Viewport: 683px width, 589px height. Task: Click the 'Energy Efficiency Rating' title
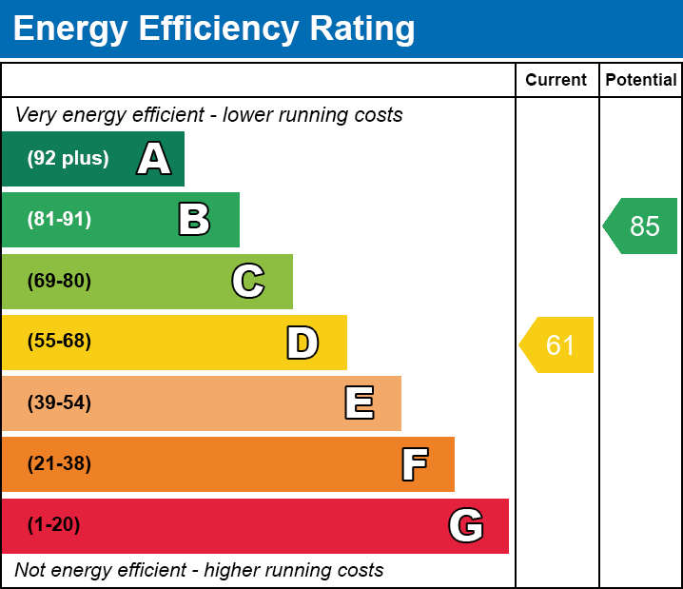(214, 29)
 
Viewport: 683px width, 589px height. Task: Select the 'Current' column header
(556, 80)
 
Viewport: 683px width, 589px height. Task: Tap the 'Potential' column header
(641, 80)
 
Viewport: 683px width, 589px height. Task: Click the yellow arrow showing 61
(557, 344)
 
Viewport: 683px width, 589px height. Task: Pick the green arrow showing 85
(641, 226)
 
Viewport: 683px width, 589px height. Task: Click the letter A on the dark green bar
(154, 159)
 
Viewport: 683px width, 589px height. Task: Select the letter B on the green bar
(194, 220)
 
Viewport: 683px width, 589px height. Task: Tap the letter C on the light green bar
(248, 281)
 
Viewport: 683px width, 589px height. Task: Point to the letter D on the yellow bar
(302, 343)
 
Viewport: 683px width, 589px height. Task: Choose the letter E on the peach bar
(359, 403)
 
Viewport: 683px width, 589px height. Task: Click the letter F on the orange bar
(414, 464)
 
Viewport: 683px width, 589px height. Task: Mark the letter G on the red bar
(466, 525)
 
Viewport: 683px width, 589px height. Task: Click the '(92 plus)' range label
(68, 159)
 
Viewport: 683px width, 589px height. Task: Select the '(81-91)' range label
(59, 220)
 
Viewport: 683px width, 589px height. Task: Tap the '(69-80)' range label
(59, 281)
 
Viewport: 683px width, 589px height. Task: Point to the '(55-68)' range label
(59, 342)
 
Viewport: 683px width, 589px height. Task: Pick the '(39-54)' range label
(59, 402)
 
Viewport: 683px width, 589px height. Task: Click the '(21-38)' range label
(59, 463)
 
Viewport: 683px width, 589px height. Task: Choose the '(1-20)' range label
(54, 524)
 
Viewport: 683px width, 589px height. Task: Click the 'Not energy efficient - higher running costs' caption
(199, 570)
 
